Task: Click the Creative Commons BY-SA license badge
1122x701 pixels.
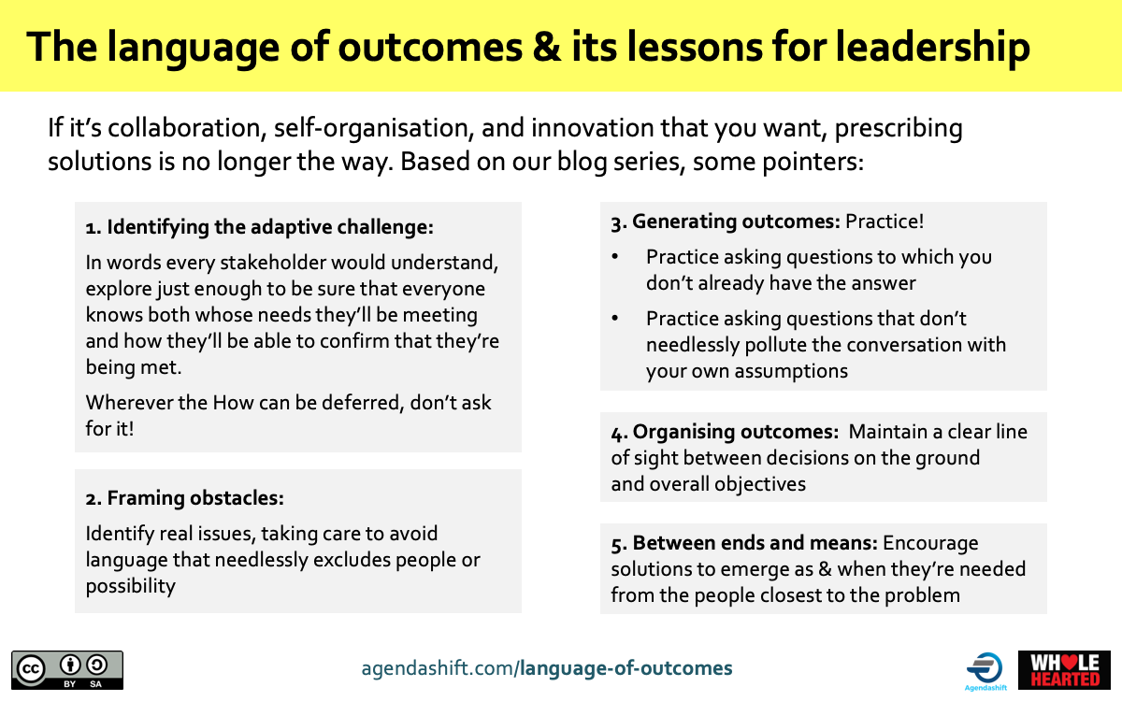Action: pos(67,670)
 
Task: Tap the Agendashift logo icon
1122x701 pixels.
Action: pos(985,668)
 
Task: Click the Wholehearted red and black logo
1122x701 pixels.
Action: pos(1064,670)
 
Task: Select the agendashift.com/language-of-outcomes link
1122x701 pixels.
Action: pos(547,668)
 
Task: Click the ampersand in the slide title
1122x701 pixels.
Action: pos(547,47)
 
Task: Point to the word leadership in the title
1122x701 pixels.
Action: pos(933,48)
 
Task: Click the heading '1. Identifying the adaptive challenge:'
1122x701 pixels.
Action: pos(260,227)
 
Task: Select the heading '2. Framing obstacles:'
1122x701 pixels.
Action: pos(185,498)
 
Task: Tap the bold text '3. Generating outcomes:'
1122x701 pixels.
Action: pos(726,222)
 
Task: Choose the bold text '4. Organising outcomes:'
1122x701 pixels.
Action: pos(725,432)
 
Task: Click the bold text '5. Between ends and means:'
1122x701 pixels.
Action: pos(744,543)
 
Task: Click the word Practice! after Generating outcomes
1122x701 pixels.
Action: pos(885,222)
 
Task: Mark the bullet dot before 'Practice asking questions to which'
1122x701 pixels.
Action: pos(615,257)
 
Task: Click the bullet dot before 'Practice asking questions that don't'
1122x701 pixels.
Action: pos(615,319)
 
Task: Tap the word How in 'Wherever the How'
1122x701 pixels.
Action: pos(233,403)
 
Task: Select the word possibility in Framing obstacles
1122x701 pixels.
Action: pos(131,587)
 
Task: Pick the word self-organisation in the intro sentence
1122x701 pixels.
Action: pos(374,129)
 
